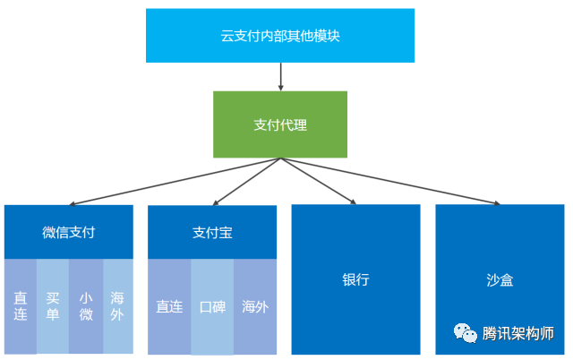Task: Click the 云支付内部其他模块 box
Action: coord(280,36)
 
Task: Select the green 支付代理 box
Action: coord(280,124)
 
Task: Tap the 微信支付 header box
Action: coord(69,232)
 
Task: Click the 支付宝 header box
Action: coord(212,233)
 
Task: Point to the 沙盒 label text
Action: coord(500,279)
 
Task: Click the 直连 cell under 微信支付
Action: coord(20,306)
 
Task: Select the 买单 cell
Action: coord(53,306)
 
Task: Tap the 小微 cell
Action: coord(86,306)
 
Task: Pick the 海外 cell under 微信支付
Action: coord(118,306)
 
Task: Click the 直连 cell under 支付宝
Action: coord(169,306)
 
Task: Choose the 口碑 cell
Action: coord(212,306)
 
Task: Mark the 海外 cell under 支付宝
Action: coord(255,306)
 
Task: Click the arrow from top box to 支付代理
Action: coord(281,77)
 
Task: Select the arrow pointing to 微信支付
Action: coord(175,182)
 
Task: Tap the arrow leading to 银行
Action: coord(319,181)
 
